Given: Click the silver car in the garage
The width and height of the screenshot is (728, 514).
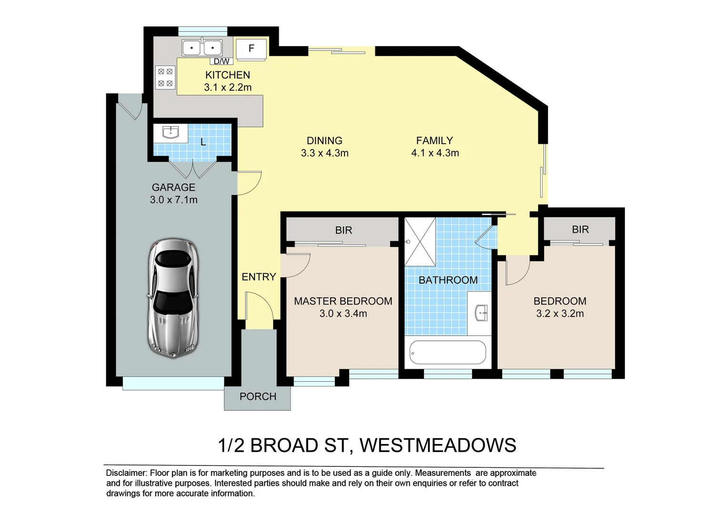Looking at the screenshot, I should point(173,298).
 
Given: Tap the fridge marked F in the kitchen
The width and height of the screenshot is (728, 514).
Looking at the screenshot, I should point(252,49).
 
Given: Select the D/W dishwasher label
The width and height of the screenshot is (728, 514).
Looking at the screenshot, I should point(221,61).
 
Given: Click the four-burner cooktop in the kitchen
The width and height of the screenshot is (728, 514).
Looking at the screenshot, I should point(165,78).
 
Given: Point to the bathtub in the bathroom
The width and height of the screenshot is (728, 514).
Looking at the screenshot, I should point(447,353).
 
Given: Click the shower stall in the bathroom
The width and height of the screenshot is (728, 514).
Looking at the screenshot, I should point(420,242).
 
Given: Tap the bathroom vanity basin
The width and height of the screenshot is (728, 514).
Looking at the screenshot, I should point(482,313).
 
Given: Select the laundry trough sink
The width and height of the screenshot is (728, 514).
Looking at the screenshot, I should point(170,132).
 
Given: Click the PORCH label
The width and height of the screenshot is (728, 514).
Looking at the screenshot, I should point(258,396).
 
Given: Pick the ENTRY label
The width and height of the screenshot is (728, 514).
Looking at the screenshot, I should point(259,277).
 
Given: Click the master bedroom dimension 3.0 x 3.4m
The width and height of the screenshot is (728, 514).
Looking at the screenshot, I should point(343,314).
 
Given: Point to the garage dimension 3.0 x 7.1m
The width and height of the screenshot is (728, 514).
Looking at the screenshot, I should point(173,200).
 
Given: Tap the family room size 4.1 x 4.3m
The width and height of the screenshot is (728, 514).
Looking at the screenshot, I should point(435,153).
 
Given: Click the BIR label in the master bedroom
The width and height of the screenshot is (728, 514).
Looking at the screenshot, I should point(343,230).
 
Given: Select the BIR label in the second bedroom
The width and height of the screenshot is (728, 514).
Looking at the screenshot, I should point(580,229).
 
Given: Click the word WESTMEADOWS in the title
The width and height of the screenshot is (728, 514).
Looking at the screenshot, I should point(437,445).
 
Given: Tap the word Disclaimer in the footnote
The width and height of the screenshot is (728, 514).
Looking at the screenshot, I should point(126,473).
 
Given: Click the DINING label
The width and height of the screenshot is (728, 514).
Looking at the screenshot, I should point(324,141).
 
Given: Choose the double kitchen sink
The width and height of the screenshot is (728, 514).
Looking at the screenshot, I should point(202,48).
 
